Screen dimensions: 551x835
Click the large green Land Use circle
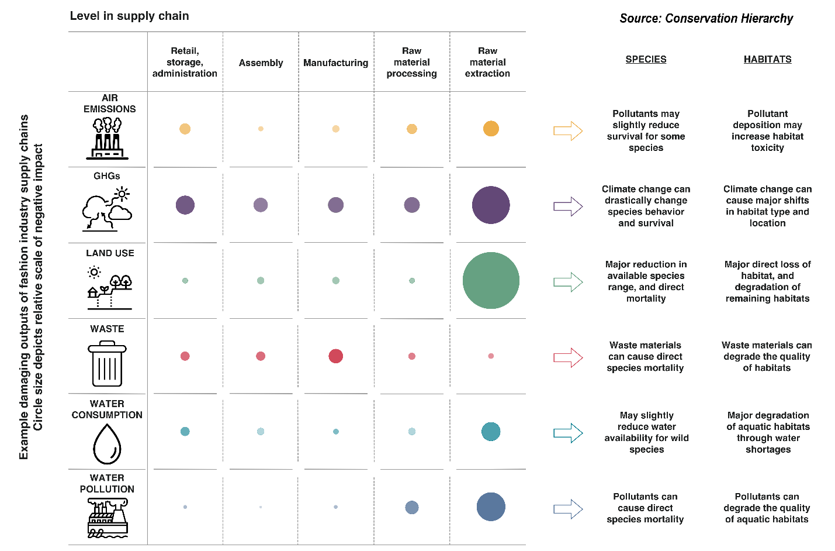point(491,281)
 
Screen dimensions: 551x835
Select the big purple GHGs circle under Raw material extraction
point(491,205)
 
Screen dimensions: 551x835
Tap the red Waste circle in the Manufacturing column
point(336,356)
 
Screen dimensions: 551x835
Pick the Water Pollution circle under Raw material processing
point(412,507)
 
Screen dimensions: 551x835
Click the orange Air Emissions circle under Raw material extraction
point(491,129)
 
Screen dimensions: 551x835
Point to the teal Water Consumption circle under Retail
point(185,432)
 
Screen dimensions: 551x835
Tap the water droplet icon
point(107,443)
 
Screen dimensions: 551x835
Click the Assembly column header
point(261,63)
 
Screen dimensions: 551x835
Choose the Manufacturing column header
point(336,63)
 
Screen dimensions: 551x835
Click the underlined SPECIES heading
point(646,59)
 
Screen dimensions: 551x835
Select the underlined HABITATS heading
point(767,59)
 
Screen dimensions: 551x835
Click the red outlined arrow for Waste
point(568,357)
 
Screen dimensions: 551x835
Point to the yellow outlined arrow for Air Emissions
point(568,130)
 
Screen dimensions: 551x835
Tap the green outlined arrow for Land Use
point(568,282)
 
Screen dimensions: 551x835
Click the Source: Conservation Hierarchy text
point(706,19)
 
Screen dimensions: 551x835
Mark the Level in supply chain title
point(129,16)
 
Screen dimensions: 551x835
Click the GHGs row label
point(107,176)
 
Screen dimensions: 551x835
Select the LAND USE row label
point(110,253)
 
